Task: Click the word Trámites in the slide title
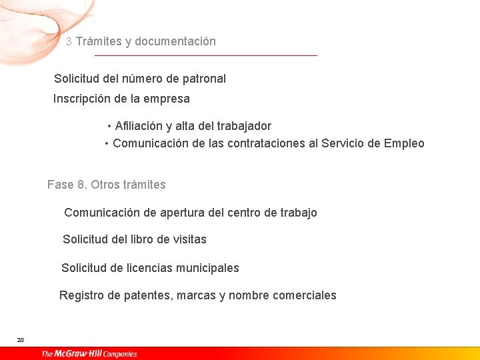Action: click(99, 41)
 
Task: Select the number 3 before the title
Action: click(69, 42)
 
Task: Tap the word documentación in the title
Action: click(175, 41)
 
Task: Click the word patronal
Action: click(204, 79)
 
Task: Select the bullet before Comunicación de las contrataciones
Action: click(107, 144)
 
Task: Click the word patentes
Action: click(148, 295)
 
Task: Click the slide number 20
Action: click(20, 340)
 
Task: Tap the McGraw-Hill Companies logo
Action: click(89, 354)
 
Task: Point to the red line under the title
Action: click(206, 55)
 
